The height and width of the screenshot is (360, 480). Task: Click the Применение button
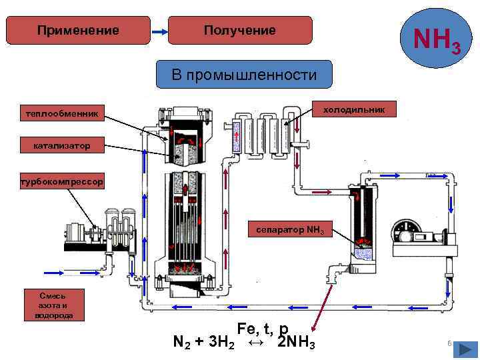point(78,31)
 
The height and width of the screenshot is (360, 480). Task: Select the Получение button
point(239,31)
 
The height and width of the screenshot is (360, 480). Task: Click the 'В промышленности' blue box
point(243,75)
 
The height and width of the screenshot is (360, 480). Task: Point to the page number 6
point(449,343)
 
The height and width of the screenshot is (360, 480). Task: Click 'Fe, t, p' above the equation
point(263,329)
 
